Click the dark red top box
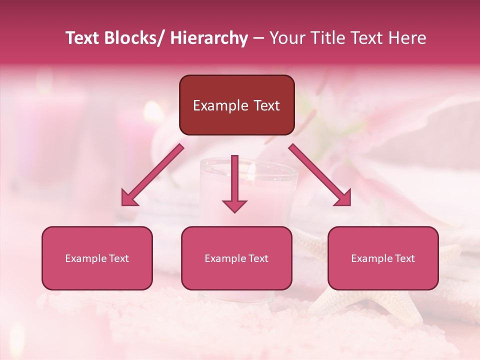point(236,105)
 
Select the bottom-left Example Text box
point(97,258)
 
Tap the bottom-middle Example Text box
point(236,258)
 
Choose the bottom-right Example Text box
point(383,258)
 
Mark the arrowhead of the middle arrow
point(234,205)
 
